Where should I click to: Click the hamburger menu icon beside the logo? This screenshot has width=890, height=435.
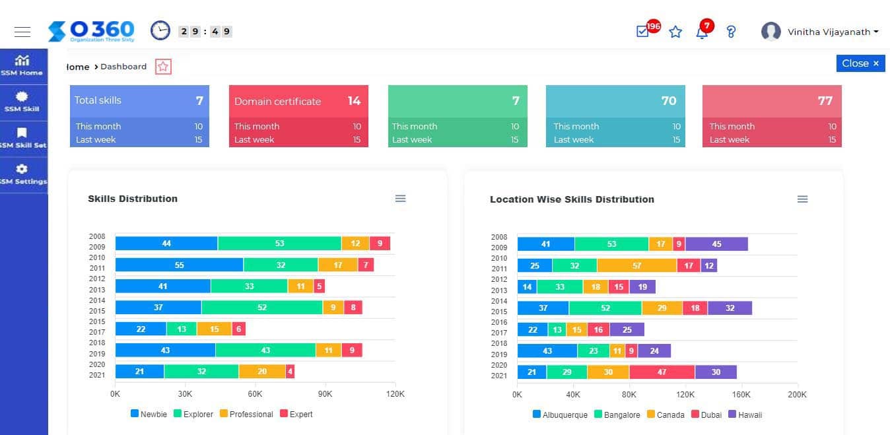(22, 32)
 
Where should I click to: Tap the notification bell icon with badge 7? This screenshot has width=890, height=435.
(702, 32)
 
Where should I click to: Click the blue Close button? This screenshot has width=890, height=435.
(860, 63)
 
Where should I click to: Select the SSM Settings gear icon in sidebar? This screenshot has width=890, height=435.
(22, 170)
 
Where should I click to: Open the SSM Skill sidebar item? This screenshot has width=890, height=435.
(22, 102)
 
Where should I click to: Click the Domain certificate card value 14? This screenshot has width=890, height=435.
(354, 101)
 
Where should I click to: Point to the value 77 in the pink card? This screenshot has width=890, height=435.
(825, 101)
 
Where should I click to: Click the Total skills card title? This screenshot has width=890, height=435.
(98, 100)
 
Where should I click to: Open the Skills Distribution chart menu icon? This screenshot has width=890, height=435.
(400, 199)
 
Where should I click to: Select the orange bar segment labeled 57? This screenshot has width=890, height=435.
(636, 265)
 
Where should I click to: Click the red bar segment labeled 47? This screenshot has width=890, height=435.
(662, 372)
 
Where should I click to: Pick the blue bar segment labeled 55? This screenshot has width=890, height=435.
(179, 265)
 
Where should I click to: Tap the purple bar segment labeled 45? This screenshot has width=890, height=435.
(716, 244)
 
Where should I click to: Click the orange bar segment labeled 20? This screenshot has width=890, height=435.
(262, 372)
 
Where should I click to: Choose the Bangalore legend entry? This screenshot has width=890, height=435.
(617, 415)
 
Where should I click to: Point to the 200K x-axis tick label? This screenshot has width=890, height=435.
(797, 395)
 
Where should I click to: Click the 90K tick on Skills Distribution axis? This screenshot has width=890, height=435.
(325, 394)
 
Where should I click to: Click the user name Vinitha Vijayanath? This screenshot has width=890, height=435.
(829, 32)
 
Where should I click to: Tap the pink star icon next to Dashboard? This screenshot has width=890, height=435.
(163, 67)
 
